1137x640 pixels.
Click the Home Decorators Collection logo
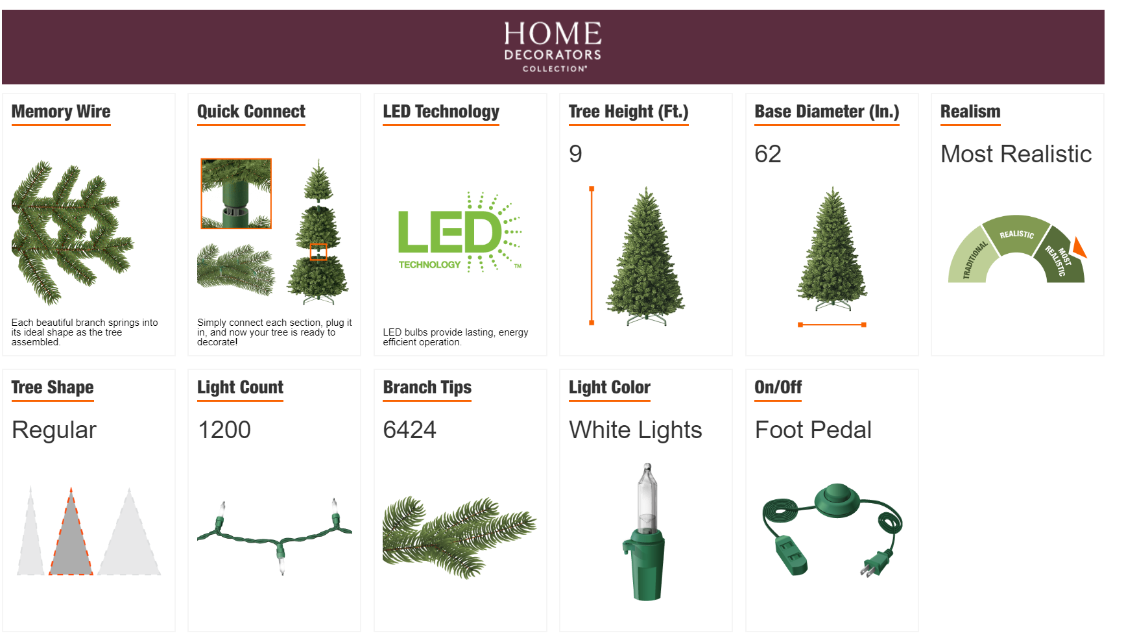coord(553,46)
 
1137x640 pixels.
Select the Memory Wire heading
coord(61,112)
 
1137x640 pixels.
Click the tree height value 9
coord(575,154)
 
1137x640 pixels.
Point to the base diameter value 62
coord(768,154)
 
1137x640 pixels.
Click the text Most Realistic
coord(1016,154)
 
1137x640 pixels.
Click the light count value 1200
coord(224,430)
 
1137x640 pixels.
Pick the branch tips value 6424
coord(409,430)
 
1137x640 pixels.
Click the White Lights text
coord(636,430)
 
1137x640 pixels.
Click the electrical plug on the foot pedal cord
coord(874,563)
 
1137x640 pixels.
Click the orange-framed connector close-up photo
coord(236,193)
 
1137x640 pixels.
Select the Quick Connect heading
coord(251,112)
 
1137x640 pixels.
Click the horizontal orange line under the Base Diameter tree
coord(832,325)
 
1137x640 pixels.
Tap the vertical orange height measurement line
coord(592,256)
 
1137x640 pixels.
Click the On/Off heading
coord(778,388)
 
